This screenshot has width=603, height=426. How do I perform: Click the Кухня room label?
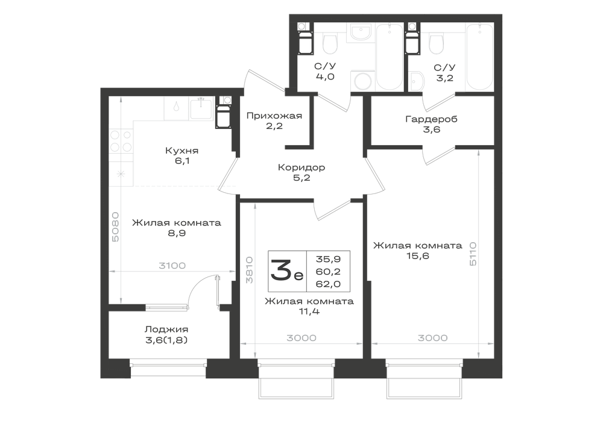(x=182, y=151)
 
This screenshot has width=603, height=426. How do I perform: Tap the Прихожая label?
(x=274, y=116)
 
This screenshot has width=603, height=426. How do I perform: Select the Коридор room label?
(x=301, y=168)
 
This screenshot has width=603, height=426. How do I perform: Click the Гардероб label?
(x=432, y=119)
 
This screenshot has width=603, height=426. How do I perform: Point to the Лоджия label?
(x=166, y=330)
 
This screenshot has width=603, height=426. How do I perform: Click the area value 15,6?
(x=418, y=256)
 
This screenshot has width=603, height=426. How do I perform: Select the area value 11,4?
(x=309, y=312)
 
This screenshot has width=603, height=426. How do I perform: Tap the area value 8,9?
(x=177, y=233)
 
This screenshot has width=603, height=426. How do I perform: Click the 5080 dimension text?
(x=115, y=227)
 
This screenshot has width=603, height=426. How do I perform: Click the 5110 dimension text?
(x=473, y=254)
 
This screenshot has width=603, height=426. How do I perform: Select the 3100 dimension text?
(x=172, y=266)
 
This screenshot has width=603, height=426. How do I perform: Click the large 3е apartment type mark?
(x=287, y=270)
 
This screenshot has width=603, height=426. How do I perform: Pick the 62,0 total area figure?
(x=329, y=284)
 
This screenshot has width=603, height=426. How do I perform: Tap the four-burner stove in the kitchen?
(x=121, y=140)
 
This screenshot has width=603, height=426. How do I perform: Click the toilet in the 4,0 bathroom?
(x=330, y=44)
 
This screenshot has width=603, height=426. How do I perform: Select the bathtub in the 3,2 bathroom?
(x=479, y=57)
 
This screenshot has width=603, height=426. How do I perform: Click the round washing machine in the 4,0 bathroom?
(x=362, y=81)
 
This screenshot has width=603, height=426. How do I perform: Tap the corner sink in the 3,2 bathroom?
(x=416, y=82)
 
